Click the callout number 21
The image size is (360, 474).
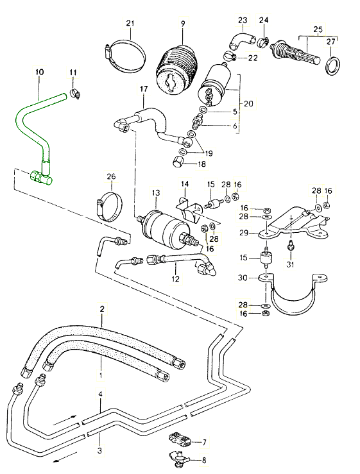130,24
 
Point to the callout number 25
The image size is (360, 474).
318,30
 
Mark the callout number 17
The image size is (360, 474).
143,89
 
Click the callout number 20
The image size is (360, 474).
248,102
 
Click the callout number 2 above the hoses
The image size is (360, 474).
101,309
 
